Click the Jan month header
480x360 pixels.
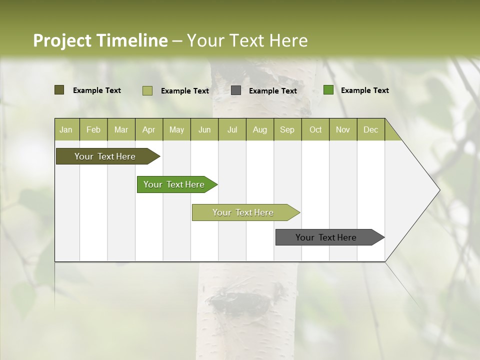(66, 129)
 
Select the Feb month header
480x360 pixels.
(93, 129)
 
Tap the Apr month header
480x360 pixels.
(148, 129)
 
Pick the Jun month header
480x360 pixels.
(204, 129)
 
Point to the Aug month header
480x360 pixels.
(259, 129)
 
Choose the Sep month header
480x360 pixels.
(287, 129)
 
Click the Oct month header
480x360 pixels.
(315, 129)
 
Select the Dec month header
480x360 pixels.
(370, 129)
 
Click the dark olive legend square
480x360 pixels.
(59, 90)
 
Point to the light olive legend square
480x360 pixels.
(147, 90)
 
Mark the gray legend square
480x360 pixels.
(236, 90)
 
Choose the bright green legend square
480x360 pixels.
(328, 90)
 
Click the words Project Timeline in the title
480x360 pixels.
(100, 40)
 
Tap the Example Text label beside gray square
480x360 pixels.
(272, 91)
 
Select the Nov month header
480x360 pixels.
(342, 129)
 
